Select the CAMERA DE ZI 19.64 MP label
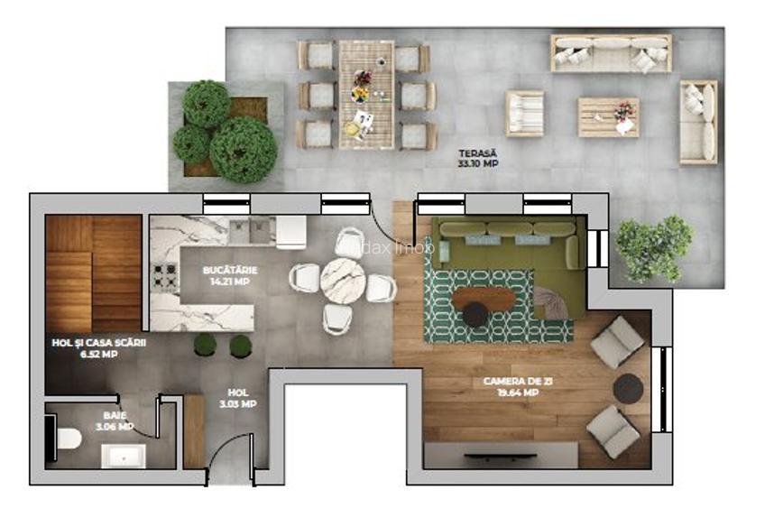click(511, 387)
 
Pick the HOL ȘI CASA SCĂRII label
click(98, 348)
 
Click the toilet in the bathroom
click(65, 439)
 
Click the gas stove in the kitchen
click(165, 274)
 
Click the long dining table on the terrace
click(366, 95)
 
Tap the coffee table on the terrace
click(608, 116)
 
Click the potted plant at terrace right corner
click(654, 246)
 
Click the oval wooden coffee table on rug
click(484, 298)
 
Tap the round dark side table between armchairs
click(628, 388)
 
